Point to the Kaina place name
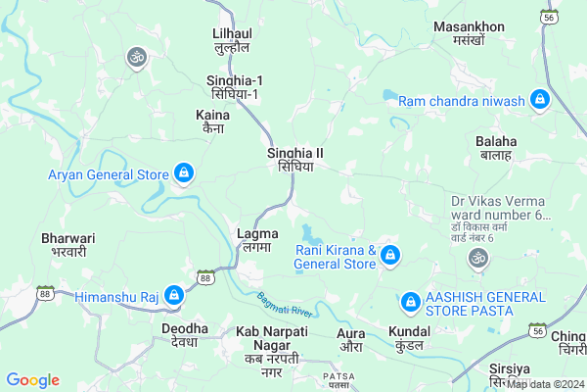tap(206, 122)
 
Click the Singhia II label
tap(294, 160)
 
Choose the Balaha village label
tap(496, 148)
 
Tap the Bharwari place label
tap(68, 244)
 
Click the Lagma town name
tap(258, 240)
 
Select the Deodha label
tap(185, 334)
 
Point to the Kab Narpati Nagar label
tap(272, 346)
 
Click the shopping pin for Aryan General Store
tap(184, 174)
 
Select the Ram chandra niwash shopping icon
tap(538, 99)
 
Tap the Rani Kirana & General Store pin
tap(390, 257)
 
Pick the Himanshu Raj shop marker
tap(174, 294)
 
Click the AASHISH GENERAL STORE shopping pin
tap(411, 298)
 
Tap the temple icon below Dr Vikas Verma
tap(477, 258)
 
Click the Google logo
tap(32, 380)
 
